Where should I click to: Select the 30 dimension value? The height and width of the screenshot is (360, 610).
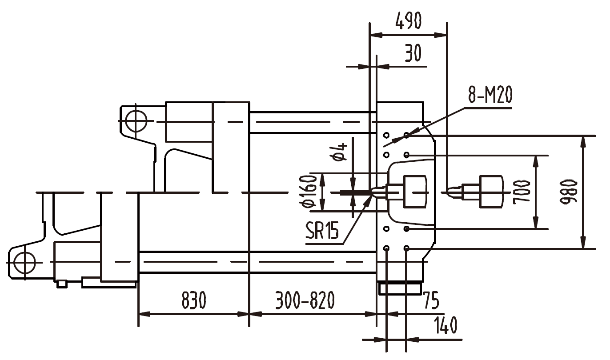413,53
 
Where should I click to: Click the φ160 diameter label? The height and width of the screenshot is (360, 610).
310,192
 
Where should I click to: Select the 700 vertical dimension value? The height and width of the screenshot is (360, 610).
521,192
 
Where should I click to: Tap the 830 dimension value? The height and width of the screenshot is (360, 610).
194,301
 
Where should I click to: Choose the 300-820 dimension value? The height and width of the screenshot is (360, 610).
305,301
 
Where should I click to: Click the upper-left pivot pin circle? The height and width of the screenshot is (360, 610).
136,120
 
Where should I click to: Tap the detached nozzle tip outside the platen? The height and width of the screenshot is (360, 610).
453,192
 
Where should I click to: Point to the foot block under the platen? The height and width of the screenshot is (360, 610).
400,288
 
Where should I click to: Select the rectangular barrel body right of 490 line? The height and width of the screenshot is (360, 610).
491,192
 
